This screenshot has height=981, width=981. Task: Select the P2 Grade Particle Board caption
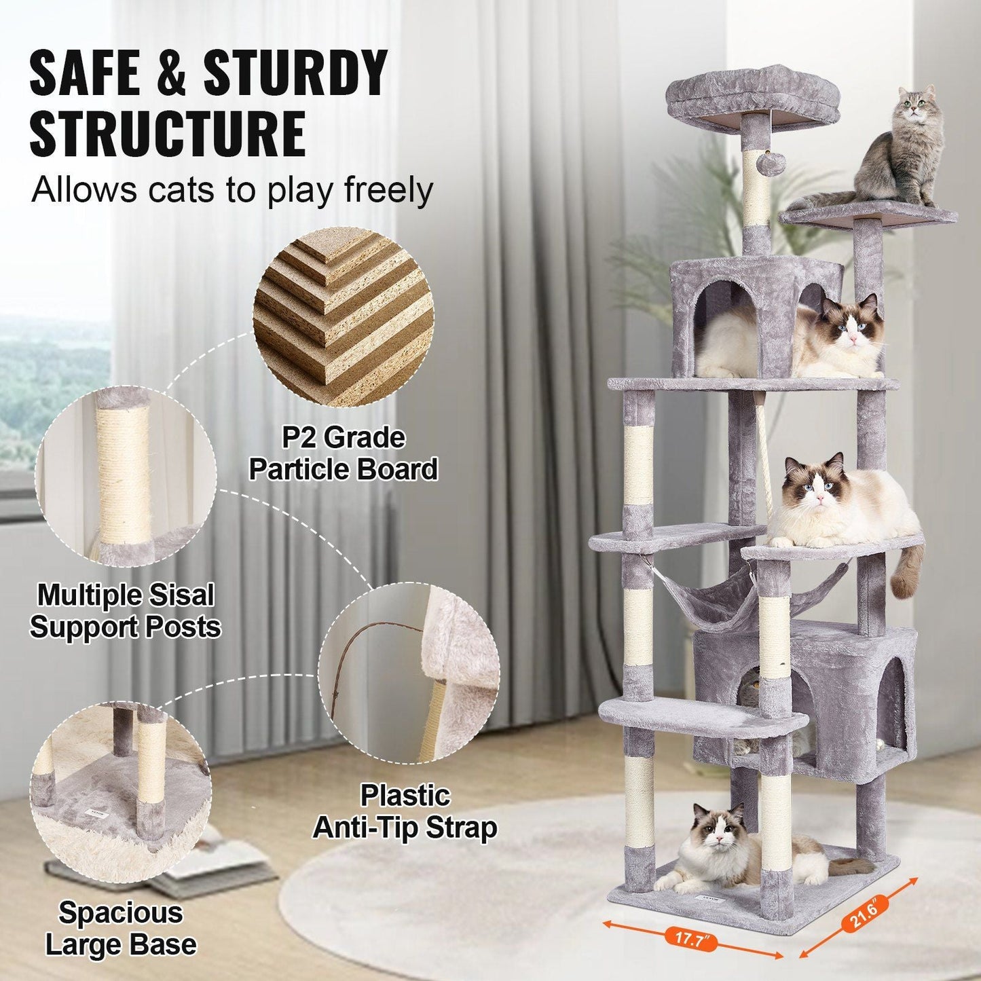(x=343, y=454)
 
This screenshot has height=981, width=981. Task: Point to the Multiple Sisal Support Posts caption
(x=126, y=610)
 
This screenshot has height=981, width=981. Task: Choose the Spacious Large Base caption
(x=121, y=928)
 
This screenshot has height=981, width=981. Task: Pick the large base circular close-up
(x=121, y=789)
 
